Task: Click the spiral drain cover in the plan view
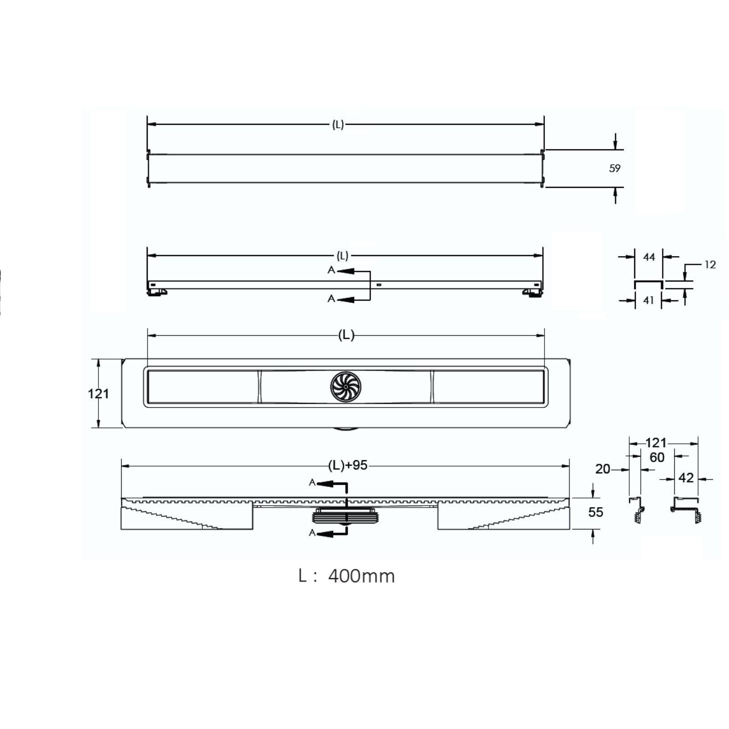tap(345, 387)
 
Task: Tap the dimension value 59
tap(615, 168)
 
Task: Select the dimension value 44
tap(649, 257)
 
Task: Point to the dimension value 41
tap(648, 300)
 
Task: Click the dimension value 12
tap(710, 264)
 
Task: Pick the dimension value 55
tap(596, 512)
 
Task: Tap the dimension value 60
tap(657, 457)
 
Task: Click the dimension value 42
tap(686, 477)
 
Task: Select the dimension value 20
tap(603, 469)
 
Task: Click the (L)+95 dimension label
tap(348, 465)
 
